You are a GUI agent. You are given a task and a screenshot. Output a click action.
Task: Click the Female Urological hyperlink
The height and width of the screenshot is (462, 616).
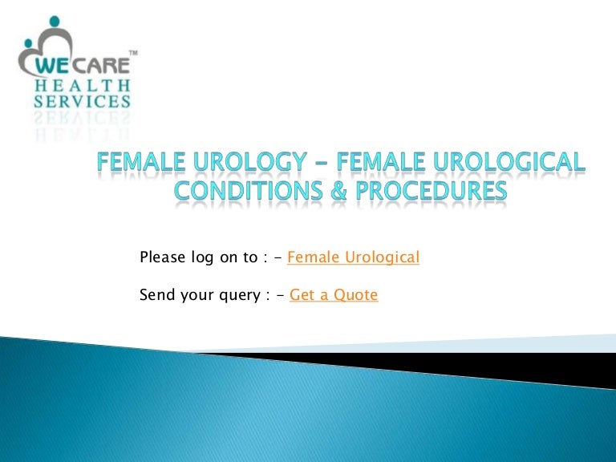click(353, 257)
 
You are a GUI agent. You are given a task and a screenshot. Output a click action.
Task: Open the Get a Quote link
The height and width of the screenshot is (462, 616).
click(333, 295)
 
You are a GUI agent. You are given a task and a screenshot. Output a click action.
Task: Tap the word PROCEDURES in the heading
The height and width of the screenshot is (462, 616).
click(430, 192)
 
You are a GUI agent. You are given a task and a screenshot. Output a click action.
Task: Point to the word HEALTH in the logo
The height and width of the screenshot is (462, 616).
click(82, 85)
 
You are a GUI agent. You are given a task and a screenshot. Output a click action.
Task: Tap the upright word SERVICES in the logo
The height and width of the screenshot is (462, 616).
click(82, 102)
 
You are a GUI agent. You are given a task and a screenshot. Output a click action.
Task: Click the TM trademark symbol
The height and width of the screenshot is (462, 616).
click(133, 52)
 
